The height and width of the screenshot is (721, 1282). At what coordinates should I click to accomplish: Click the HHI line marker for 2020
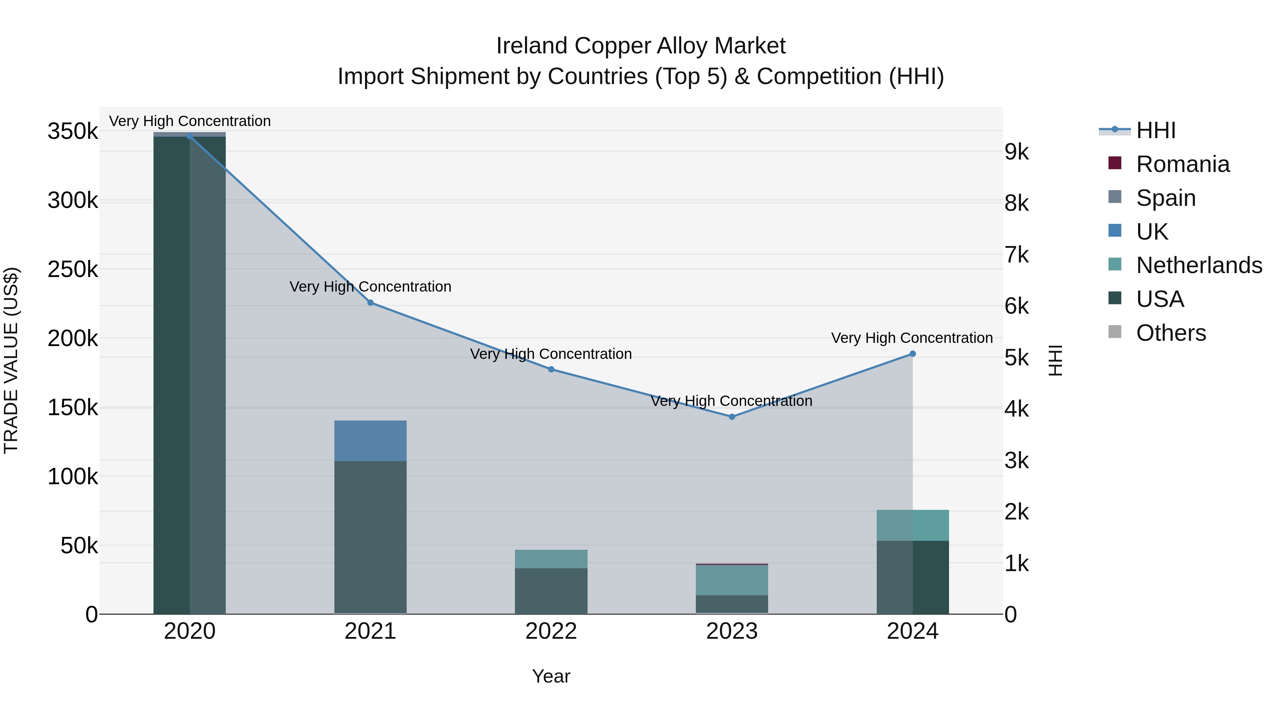tap(189, 136)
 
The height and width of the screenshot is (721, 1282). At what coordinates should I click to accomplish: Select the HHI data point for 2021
tap(370, 303)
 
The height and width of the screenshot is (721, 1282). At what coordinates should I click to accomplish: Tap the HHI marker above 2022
tap(551, 369)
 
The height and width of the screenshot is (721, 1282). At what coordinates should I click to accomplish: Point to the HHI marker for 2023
tap(731, 417)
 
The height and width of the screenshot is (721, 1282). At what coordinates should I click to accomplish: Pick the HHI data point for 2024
tap(912, 354)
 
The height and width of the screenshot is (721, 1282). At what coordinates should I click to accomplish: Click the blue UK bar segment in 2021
tap(370, 441)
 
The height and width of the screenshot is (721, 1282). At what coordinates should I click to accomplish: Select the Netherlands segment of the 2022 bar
tap(551, 559)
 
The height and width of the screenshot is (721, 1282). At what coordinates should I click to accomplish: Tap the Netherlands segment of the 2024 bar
tap(912, 525)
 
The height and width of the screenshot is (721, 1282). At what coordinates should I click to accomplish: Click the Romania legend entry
tap(1182, 164)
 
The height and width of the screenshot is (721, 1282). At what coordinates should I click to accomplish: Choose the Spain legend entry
tap(1166, 198)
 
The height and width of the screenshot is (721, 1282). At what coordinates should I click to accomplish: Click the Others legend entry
tap(1171, 333)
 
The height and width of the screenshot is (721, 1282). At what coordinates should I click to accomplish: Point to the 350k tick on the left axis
tap(73, 132)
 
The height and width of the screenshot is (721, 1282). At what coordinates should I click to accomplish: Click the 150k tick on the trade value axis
tap(73, 408)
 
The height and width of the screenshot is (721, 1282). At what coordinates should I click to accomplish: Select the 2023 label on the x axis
tap(731, 631)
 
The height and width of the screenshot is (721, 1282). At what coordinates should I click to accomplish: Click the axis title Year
tap(551, 676)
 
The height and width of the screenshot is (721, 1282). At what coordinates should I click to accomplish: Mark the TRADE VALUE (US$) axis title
tap(11, 360)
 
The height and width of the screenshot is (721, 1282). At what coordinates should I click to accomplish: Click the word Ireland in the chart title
tap(532, 46)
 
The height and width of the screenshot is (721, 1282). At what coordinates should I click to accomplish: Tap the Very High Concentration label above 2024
tap(912, 338)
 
